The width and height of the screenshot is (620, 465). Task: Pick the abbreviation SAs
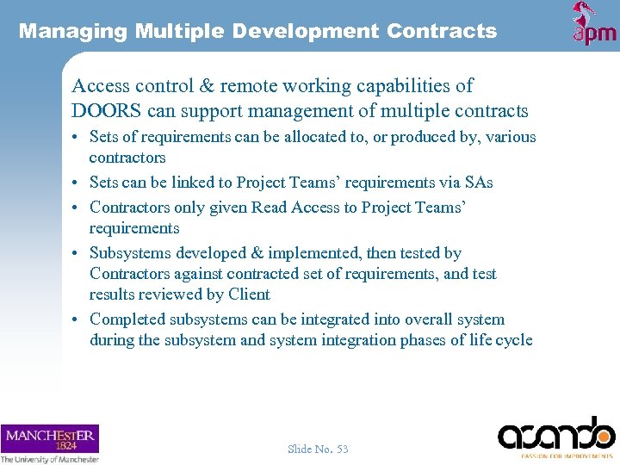(478, 183)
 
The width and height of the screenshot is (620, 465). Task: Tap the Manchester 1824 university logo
(50, 443)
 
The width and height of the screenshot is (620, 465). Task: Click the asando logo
(557, 435)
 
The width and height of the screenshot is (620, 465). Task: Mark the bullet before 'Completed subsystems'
(77, 319)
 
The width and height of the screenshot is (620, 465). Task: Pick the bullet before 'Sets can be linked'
(77, 183)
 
